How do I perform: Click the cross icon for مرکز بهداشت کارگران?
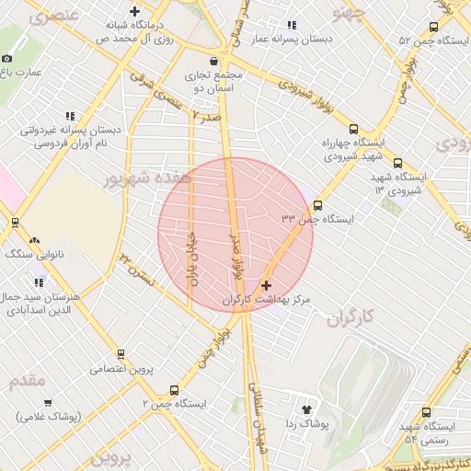[x=267, y=286]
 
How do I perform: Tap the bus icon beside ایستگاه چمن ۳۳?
[x=317, y=205]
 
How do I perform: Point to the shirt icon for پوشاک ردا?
[x=307, y=408]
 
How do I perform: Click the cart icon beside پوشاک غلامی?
[x=48, y=403]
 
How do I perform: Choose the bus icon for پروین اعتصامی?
[x=121, y=354]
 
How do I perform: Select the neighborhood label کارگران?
[x=351, y=318]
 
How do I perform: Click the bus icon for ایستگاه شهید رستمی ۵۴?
[x=424, y=413]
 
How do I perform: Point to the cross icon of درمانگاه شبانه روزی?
[x=135, y=12]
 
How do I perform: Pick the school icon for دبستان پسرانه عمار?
[x=293, y=25]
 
